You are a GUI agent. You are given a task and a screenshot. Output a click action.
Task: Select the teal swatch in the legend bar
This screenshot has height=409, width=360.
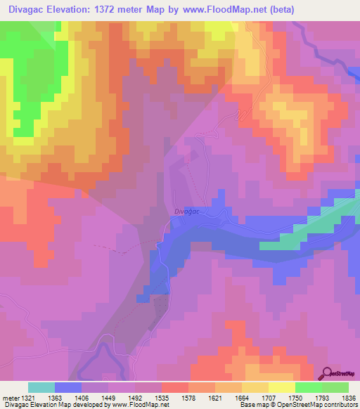[x=41, y=387]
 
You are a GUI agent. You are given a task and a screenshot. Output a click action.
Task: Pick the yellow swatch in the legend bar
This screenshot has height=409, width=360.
[x=282, y=387]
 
